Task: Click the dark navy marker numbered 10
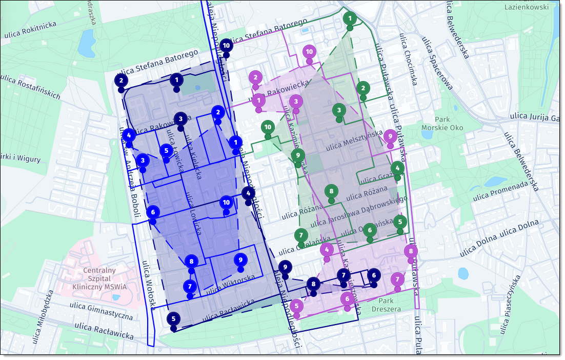tap(226, 46)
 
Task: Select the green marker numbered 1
tap(350, 19)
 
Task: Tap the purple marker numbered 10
tap(309, 52)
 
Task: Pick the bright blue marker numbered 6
tap(153, 212)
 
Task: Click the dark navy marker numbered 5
tap(173, 319)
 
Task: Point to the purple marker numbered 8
tap(411, 251)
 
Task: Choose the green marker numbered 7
tap(301, 236)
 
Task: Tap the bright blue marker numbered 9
tap(240, 260)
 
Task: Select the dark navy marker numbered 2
tap(121, 81)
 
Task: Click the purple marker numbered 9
tap(390, 136)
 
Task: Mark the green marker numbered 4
tap(397, 168)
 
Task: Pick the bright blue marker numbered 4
tap(129, 135)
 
